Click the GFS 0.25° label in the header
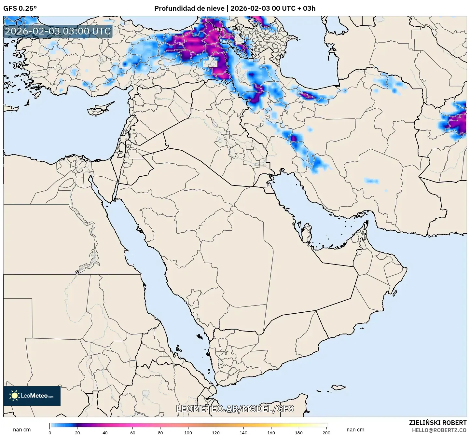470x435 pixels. click(x=20, y=8)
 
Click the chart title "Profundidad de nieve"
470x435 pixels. click(x=189, y=8)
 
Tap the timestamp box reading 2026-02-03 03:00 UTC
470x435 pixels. click(x=58, y=31)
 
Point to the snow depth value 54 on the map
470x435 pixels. click(x=219, y=30)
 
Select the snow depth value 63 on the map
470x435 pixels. click(x=255, y=25)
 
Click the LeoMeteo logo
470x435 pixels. click(x=32, y=396)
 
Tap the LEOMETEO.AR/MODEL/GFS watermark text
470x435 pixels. click(x=235, y=409)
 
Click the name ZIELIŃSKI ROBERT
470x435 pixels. click(x=437, y=423)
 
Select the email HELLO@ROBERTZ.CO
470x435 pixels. click(x=439, y=430)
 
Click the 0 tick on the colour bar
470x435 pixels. click(x=50, y=433)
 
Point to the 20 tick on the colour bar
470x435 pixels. click(x=77, y=433)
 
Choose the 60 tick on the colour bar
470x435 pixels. click(x=133, y=433)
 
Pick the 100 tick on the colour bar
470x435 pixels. click(x=188, y=433)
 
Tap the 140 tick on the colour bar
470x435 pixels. click(x=243, y=433)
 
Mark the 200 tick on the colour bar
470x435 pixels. click(x=326, y=433)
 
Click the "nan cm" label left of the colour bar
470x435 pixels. click(x=22, y=430)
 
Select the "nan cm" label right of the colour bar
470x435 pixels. click(x=355, y=430)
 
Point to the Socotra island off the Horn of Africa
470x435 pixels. click(x=339, y=387)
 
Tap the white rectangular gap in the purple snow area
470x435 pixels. click(x=210, y=63)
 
